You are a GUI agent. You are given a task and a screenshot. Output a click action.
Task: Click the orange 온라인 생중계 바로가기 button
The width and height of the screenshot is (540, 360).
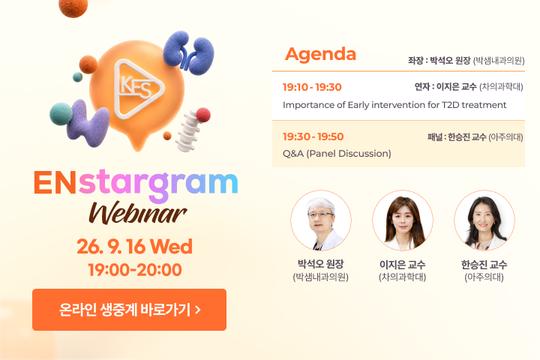click(129, 310)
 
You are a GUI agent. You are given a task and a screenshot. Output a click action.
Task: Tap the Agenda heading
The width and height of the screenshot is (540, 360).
click(320, 55)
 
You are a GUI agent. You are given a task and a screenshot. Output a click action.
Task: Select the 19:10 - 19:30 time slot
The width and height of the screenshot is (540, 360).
click(312, 87)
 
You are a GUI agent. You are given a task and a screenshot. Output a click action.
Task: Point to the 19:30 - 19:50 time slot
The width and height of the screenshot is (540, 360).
click(313, 136)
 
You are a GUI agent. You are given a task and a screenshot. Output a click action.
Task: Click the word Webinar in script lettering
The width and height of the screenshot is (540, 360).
click(138, 213)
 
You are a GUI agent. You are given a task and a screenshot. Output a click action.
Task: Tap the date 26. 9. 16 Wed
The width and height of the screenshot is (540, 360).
click(135, 247)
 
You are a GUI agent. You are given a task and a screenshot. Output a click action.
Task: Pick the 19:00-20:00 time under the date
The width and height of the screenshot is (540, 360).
click(135, 270)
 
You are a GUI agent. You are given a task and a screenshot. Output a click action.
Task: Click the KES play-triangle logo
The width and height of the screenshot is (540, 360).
click(139, 88)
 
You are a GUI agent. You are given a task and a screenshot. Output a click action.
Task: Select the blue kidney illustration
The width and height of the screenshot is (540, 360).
click(188, 52)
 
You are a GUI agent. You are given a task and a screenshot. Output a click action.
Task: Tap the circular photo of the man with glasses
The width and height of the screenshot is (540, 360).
click(321, 220)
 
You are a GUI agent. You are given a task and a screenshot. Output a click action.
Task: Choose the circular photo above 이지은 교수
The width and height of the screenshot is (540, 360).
click(402, 220)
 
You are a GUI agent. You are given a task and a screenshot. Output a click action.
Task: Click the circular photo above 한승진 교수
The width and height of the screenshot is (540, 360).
click(484, 220)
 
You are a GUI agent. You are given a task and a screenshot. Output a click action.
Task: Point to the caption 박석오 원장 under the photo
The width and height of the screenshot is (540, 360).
click(321, 264)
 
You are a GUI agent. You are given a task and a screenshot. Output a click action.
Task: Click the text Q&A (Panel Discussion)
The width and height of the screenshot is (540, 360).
click(337, 154)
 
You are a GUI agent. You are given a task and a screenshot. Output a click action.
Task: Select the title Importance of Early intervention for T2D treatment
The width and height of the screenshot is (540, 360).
click(394, 105)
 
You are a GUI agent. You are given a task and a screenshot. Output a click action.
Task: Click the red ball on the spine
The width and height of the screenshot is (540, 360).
click(203, 115)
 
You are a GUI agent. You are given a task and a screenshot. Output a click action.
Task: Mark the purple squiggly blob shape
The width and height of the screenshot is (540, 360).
click(88, 123)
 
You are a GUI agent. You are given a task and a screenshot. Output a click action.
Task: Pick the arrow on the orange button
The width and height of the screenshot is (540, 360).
click(198, 310)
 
